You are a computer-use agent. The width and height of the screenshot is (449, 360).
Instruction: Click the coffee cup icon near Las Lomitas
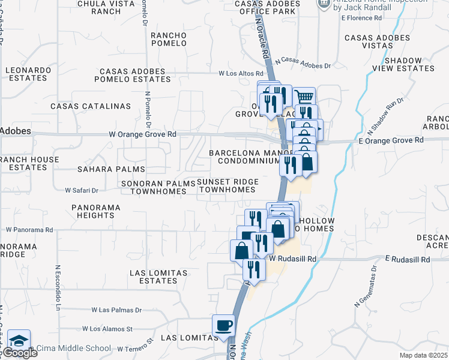point(224,325)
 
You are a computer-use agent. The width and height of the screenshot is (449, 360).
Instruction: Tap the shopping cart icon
point(305,96)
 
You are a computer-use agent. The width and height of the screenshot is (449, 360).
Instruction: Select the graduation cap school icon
point(19,340)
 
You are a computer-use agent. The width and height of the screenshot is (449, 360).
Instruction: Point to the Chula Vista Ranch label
point(99,7)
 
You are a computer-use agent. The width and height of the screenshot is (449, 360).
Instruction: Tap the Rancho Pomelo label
point(169,40)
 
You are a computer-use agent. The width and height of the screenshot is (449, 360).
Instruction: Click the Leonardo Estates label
point(28,74)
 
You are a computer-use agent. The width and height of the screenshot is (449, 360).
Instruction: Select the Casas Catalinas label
point(91,106)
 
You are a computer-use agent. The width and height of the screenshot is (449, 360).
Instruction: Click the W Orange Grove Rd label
point(142,135)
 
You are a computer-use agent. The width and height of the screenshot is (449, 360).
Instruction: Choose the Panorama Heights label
point(95,212)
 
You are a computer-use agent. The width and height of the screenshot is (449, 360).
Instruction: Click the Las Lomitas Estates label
point(158,277)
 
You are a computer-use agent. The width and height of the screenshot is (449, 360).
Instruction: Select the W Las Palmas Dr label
point(116,310)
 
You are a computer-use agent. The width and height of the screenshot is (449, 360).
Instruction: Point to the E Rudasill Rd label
point(408,260)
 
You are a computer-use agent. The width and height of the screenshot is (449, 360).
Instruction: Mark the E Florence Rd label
point(361,18)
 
